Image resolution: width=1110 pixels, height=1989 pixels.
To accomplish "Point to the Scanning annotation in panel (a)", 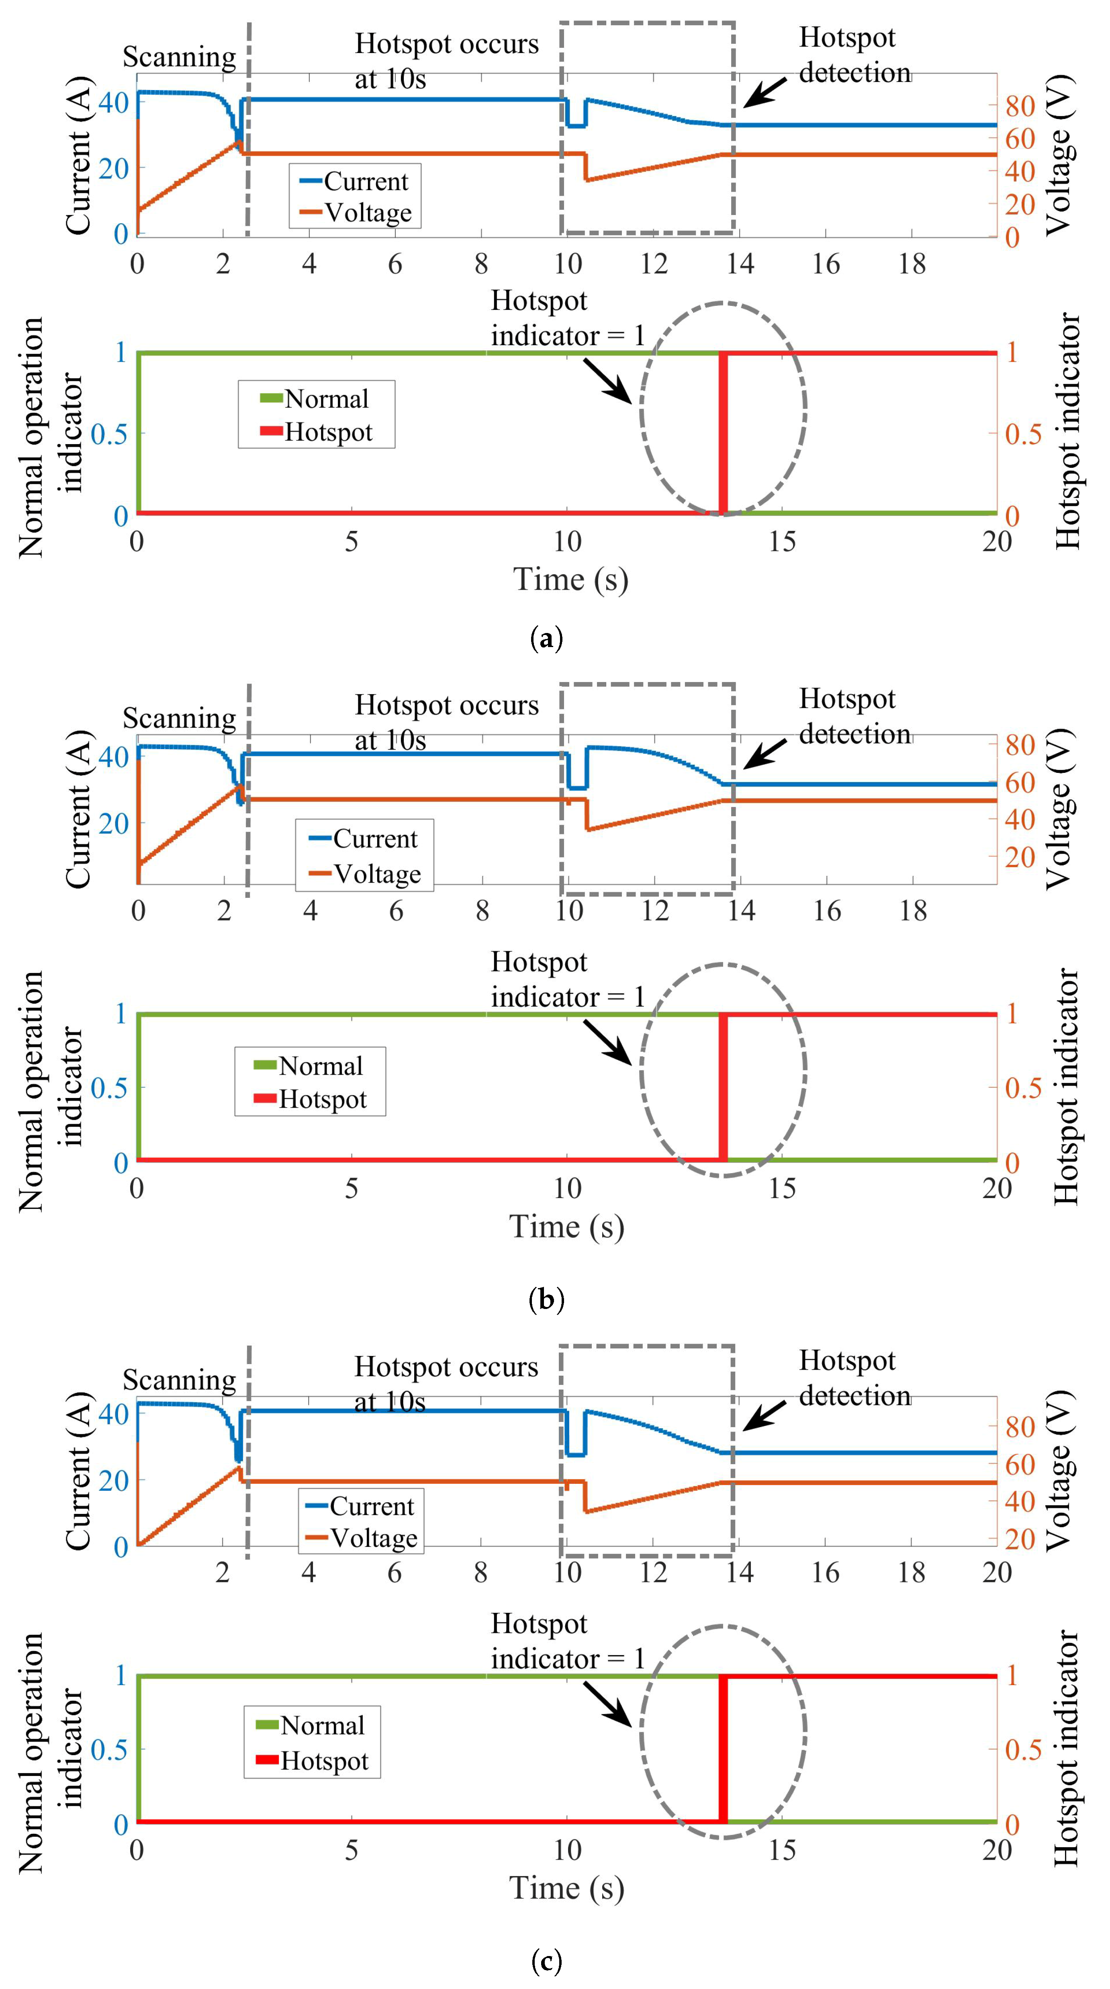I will point(179,57).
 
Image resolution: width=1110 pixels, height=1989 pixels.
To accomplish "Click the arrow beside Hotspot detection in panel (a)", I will point(766,91).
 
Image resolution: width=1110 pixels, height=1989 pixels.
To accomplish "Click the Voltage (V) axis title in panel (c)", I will point(1060,1470).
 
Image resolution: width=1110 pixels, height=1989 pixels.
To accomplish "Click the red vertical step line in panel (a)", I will point(723,432).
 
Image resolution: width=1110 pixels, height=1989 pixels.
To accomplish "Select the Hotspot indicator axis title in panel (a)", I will point(1067,431).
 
